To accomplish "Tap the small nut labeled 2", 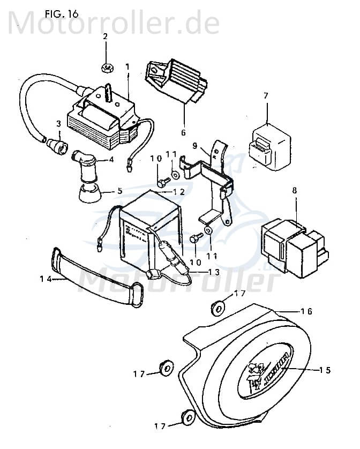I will [106, 68].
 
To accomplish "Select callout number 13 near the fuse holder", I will [214, 272].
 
